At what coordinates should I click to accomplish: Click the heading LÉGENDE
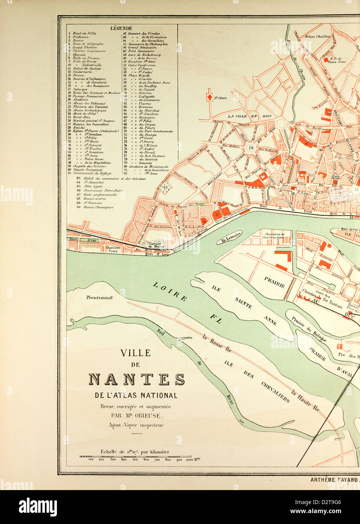pos(121,28)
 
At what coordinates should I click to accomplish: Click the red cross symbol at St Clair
pos(209,97)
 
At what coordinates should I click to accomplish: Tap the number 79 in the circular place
pos(251,148)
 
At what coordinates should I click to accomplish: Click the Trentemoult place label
pos(100,297)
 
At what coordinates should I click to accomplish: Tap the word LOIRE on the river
pos(170,291)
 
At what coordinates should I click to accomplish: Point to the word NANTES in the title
pos(136,379)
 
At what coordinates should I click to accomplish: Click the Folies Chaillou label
pos(317,37)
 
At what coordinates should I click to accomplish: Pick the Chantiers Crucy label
pos(113,249)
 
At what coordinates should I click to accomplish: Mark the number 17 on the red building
pos(217,215)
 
